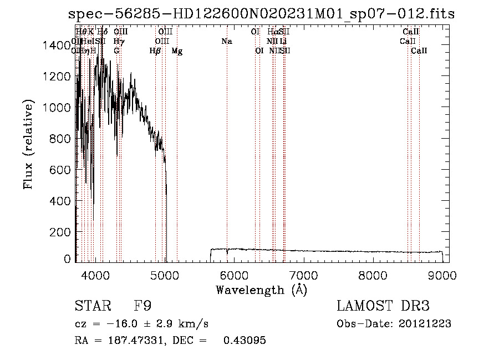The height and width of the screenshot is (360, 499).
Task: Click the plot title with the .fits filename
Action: click(261, 14)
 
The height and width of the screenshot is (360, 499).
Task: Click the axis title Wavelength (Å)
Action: click(261, 290)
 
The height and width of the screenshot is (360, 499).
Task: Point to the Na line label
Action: click(226, 42)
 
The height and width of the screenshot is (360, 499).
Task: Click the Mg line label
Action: click(177, 51)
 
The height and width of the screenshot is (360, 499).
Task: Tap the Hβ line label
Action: click(155, 51)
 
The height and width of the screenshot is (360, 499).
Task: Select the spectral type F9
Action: click(143, 306)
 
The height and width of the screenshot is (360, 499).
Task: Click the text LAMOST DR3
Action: click(383, 306)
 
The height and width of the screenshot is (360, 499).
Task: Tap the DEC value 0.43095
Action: click(245, 341)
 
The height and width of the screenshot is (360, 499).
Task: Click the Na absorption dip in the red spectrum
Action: click(227, 255)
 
